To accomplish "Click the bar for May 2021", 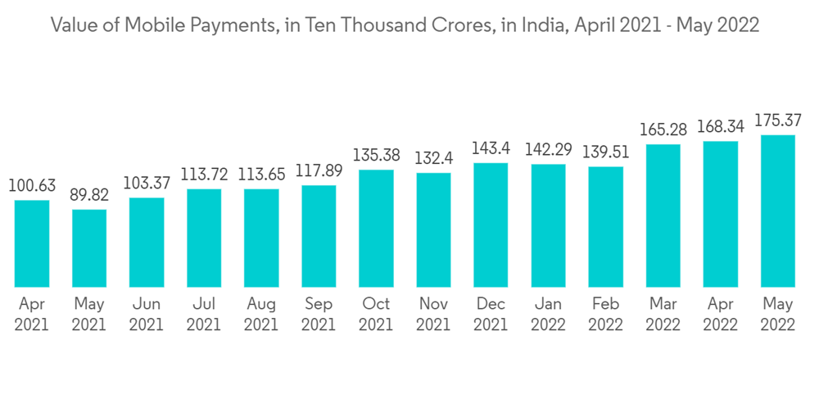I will click(89, 248).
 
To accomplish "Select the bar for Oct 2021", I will click(376, 229).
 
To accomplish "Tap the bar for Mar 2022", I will click(663, 216).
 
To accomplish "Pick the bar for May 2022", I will click(777, 211).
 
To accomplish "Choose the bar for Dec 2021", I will click(491, 225).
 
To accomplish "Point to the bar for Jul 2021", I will click(204, 238).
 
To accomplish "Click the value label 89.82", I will click(89, 196).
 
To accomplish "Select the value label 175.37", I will click(777, 121).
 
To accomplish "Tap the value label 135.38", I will click(376, 156).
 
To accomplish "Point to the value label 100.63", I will click(32, 186).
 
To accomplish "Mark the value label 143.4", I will click(491, 149).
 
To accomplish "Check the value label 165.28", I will click(663, 130).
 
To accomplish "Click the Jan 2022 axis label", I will click(548, 314).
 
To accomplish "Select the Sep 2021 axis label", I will click(319, 314).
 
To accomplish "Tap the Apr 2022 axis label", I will click(720, 314).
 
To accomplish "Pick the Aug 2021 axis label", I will click(261, 314).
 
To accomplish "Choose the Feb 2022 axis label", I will click(605, 314).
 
